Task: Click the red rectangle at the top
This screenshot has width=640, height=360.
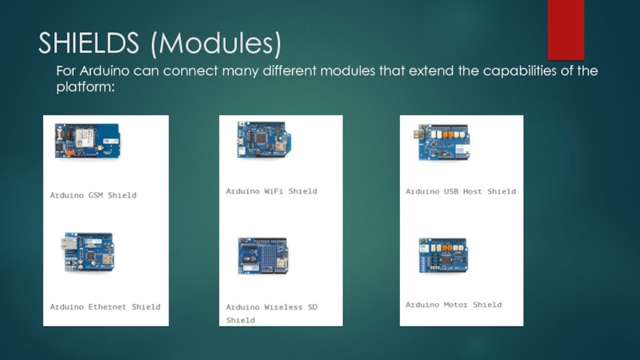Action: coord(565,24)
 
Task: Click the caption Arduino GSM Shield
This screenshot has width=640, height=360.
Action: coord(93,195)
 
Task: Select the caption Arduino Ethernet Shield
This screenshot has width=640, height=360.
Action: coord(105,306)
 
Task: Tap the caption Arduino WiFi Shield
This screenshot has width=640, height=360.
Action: coord(271,191)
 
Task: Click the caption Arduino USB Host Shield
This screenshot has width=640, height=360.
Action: coord(460,191)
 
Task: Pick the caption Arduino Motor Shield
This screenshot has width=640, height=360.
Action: coord(453,304)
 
